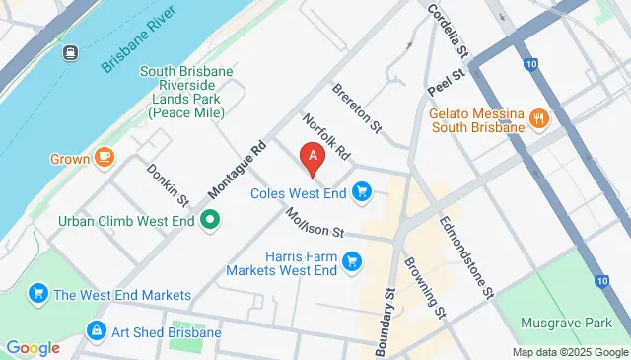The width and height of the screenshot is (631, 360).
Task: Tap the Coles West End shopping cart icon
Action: pos(362,191)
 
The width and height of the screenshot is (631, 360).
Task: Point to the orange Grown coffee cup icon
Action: pos(105,158)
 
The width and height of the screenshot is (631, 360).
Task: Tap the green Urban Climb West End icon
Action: pos(209,220)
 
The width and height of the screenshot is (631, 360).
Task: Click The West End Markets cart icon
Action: pos(38,293)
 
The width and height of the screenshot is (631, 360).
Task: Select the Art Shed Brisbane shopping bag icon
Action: pos(96,330)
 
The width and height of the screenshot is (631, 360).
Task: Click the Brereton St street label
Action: pos(357,107)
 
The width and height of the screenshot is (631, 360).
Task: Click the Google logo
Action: pos(33,347)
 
